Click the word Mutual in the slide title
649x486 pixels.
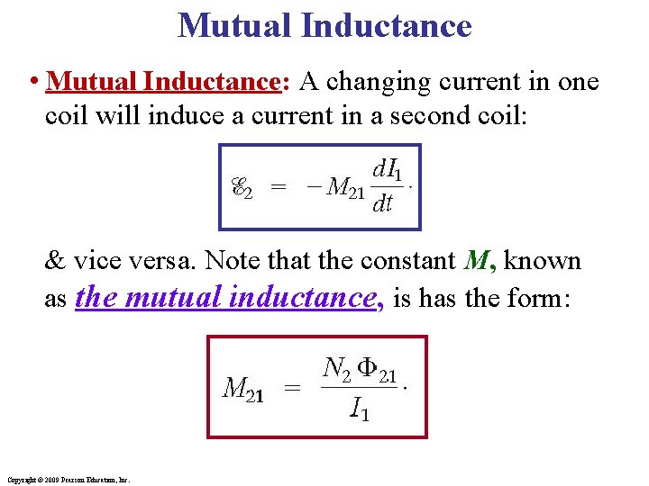tap(235, 24)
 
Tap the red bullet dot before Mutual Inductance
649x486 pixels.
tap(32, 83)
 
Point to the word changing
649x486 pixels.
tap(363, 82)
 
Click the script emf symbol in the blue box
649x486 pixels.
tap(242, 188)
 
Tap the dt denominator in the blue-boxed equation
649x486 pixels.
tap(382, 204)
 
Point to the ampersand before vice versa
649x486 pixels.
tap(55, 261)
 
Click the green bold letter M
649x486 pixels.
tap(476, 261)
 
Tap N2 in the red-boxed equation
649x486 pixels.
tap(336, 368)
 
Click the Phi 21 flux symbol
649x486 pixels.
tap(376, 369)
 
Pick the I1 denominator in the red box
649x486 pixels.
tap(359, 411)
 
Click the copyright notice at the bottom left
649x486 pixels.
tap(68, 480)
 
